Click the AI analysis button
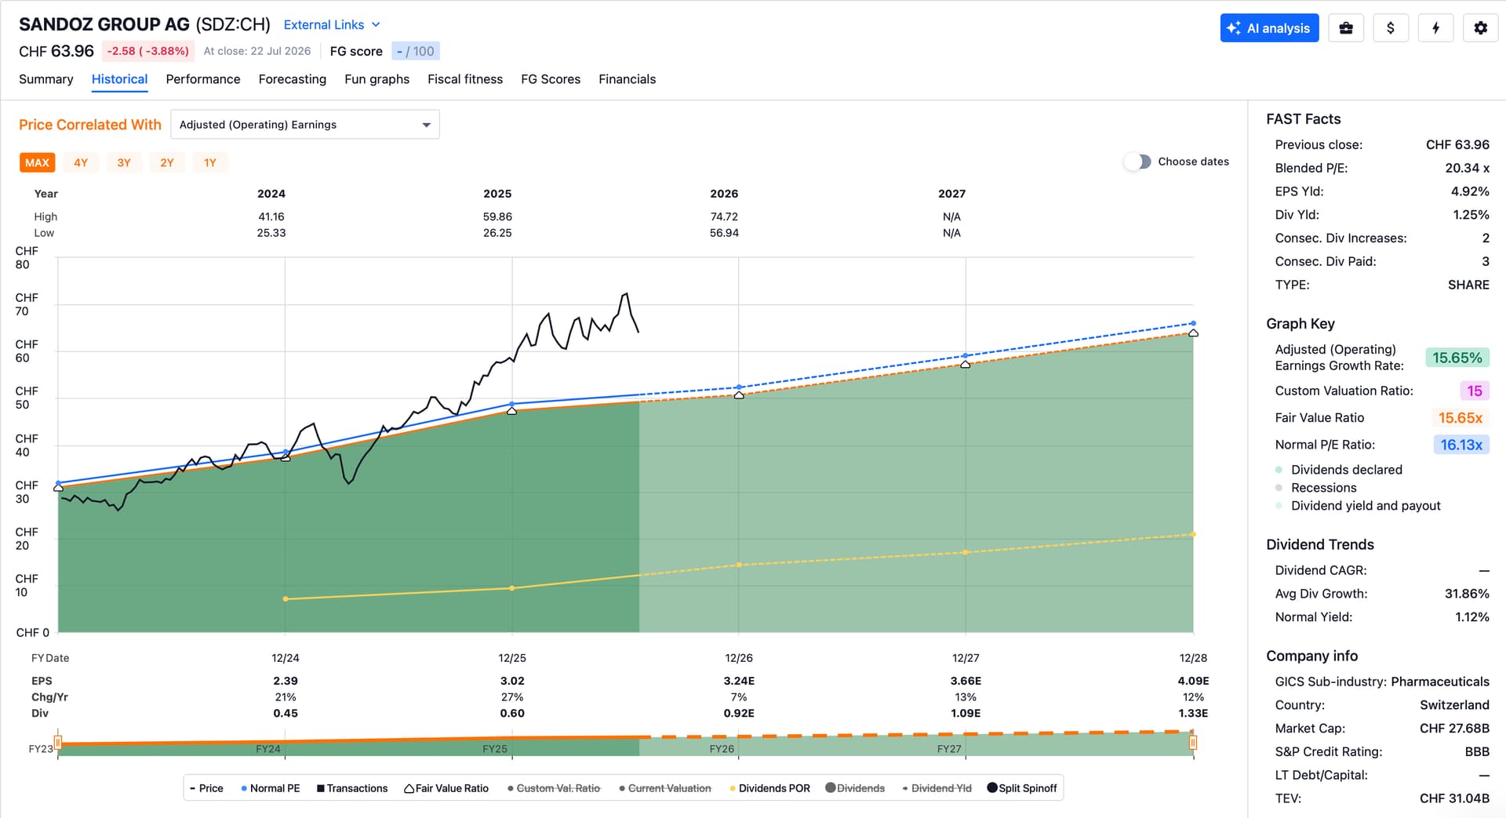pos(1269,28)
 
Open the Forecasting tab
pos(293,79)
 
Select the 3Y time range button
pos(124,162)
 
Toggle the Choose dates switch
pos(1137,162)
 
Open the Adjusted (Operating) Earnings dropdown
pos(305,125)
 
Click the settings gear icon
pos(1480,28)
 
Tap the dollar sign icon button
pos(1391,28)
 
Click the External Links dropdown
pos(332,25)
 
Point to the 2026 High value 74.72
pos(724,216)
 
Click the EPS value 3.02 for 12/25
pos(512,681)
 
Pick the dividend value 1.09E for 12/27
pos(966,713)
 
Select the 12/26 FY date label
pos(739,658)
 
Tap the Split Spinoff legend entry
pos(1022,788)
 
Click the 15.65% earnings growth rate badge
pos(1457,358)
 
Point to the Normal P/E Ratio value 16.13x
pos(1461,445)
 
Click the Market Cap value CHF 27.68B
pos(1454,729)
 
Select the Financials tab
pos(627,79)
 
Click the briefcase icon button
pos(1346,28)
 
